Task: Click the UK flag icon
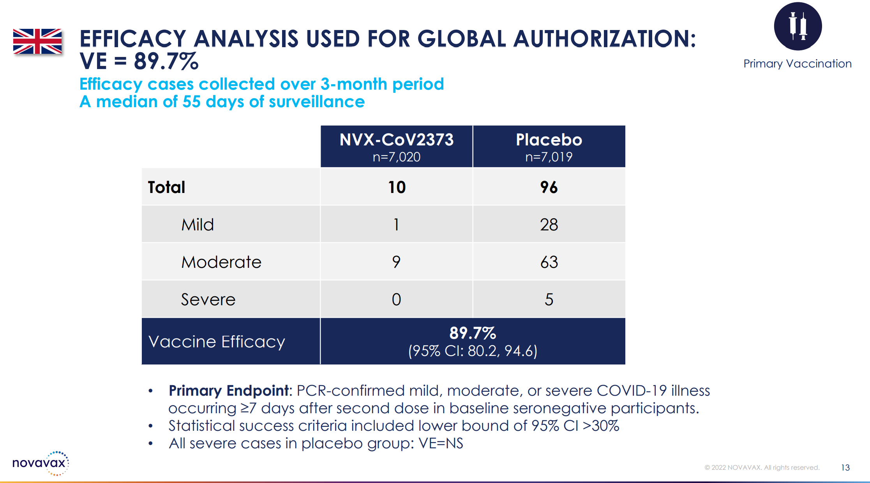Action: (x=37, y=41)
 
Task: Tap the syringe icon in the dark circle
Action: (x=798, y=26)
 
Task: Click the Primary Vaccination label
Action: (x=797, y=64)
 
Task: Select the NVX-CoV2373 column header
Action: (x=396, y=140)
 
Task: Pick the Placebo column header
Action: (x=549, y=140)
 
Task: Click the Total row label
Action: (x=166, y=188)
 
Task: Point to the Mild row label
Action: (x=198, y=225)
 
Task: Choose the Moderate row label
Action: (x=221, y=262)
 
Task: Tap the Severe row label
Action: (x=208, y=300)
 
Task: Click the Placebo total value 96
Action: (x=549, y=188)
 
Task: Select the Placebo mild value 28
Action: (x=549, y=225)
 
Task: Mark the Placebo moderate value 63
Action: (x=549, y=262)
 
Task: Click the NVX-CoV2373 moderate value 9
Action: (x=396, y=262)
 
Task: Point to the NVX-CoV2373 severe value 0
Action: (x=396, y=300)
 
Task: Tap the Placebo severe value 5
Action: (x=549, y=300)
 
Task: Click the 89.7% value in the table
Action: (x=473, y=333)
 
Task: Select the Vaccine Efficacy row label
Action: (x=217, y=342)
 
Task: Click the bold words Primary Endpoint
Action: (x=229, y=391)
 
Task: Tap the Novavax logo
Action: (x=41, y=463)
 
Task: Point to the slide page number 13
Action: (x=845, y=467)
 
